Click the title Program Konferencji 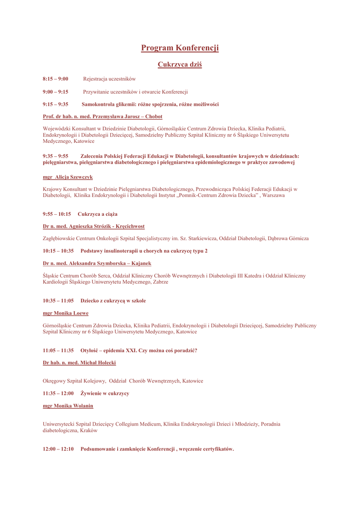point(180,48)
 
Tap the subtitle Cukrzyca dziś point(180,64)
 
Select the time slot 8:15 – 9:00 point(56,79)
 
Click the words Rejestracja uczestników point(109,79)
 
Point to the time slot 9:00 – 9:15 point(56,92)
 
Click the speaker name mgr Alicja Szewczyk point(68,177)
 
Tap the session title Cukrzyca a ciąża point(98,214)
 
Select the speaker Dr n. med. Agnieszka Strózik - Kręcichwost point(94,226)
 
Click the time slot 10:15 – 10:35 point(58,251)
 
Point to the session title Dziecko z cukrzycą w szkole point(113,301)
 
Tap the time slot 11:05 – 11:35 point(58,350)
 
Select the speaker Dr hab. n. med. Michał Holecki point(79,363)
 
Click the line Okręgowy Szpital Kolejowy point(74,381)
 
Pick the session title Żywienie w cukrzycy point(105,393)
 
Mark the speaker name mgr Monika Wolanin point(68,406)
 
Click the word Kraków point(88,431)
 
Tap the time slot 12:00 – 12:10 point(58,449)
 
